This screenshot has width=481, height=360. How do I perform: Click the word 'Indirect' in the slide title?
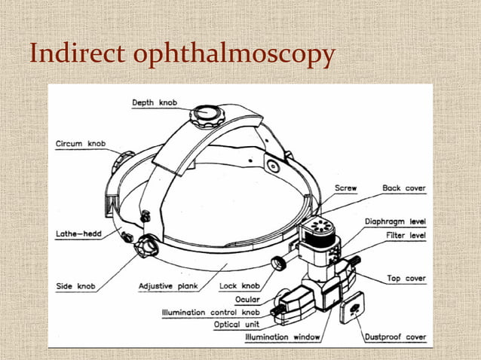(x=72, y=55)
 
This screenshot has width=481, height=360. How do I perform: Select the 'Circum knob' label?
(x=81, y=144)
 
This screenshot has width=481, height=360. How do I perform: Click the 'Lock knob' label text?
(x=239, y=286)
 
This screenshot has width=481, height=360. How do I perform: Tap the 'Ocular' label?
(x=248, y=299)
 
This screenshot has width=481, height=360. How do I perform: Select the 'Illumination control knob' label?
(x=211, y=312)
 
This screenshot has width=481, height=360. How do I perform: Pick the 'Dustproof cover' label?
(x=395, y=337)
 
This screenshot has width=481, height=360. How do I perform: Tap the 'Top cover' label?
(x=406, y=279)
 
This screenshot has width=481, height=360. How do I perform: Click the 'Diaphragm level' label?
(x=395, y=221)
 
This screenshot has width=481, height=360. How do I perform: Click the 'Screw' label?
(x=345, y=188)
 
